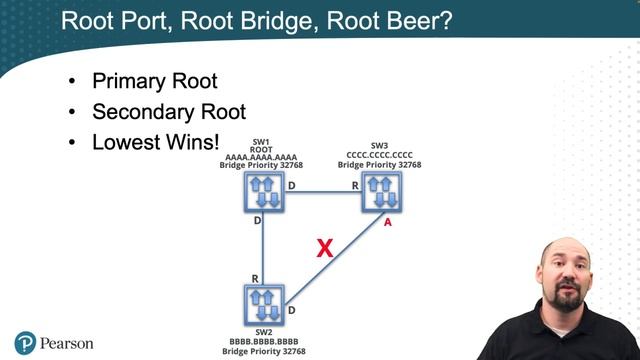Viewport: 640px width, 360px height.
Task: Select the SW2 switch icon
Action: pos(261,304)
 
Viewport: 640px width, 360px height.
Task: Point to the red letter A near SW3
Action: pos(388,224)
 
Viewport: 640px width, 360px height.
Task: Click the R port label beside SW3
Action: pos(354,185)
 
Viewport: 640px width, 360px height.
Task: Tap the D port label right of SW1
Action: pos(291,185)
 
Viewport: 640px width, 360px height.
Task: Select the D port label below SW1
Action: pos(257,221)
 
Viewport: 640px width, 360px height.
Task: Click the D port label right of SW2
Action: pos(291,311)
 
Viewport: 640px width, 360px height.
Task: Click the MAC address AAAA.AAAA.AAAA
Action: pos(261,156)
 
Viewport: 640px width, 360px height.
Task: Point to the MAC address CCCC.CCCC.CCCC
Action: pos(380,156)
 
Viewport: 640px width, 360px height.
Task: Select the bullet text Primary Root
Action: pos(154,81)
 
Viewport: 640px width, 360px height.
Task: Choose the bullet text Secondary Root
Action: pos(168,112)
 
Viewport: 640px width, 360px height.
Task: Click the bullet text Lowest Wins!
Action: pos(155,142)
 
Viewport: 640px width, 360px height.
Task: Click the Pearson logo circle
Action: pos(25,343)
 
